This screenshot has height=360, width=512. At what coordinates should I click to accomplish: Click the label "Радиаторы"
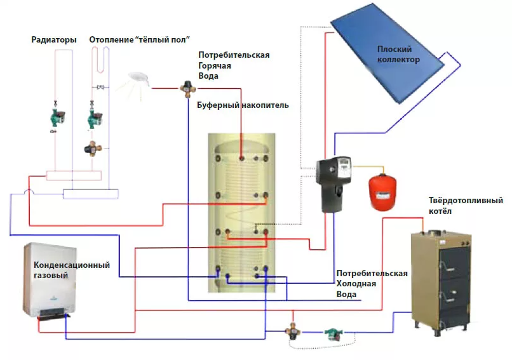54,40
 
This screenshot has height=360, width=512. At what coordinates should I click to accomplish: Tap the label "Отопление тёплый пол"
140,40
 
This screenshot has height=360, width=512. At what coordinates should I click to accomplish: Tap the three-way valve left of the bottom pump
293,330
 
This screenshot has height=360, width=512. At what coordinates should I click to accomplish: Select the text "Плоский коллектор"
398,55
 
